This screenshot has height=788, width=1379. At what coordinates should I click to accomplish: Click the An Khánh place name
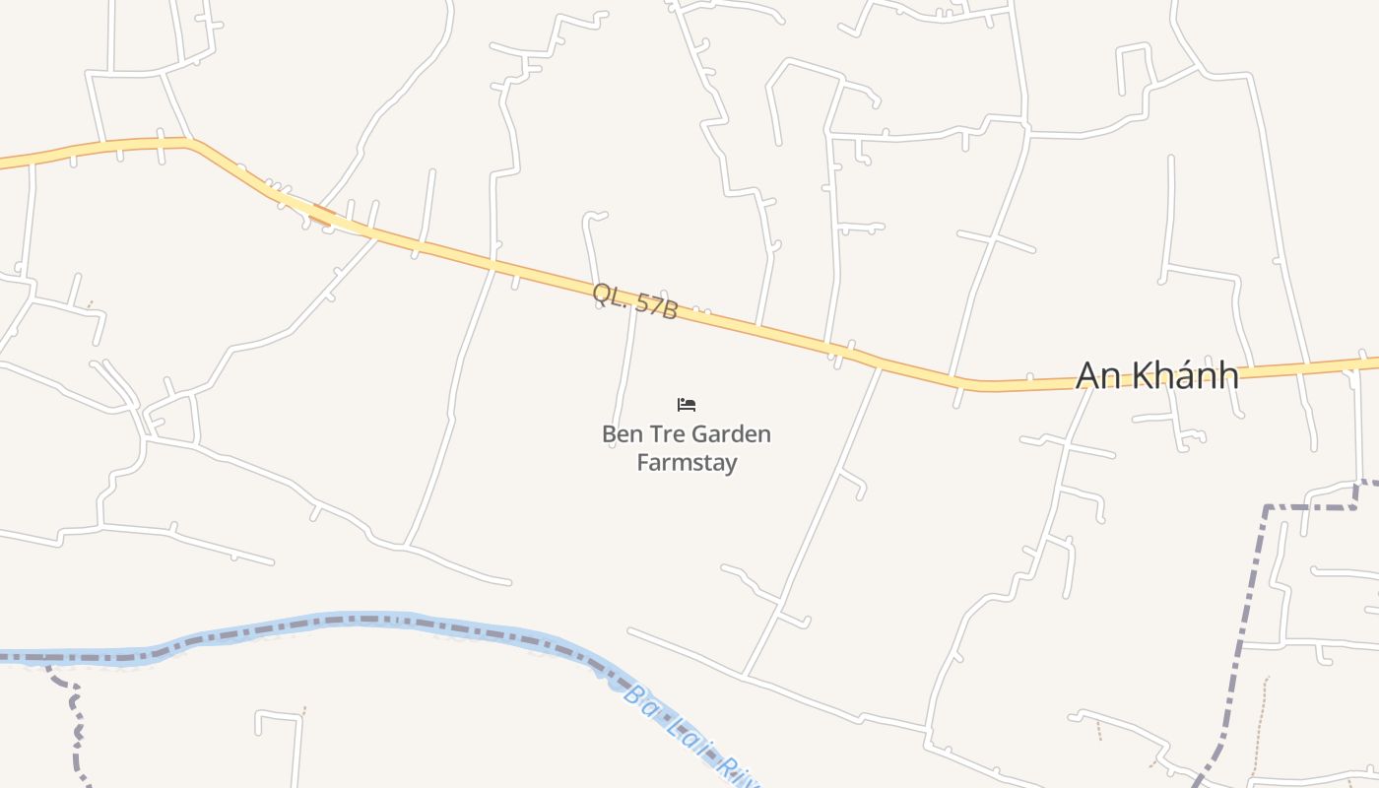click(1156, 375)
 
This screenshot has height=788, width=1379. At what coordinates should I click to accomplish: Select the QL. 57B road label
click(635, 300)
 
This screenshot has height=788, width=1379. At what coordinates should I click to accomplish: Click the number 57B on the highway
click(656, 305)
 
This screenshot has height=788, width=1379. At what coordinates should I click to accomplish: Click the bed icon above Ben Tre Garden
click(687, 404)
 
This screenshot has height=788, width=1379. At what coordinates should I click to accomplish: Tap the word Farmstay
click(687, 462)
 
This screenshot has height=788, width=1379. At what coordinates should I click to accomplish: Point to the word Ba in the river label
click(640, 702)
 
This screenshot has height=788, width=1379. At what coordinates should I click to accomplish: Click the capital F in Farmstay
click(642, 462)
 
